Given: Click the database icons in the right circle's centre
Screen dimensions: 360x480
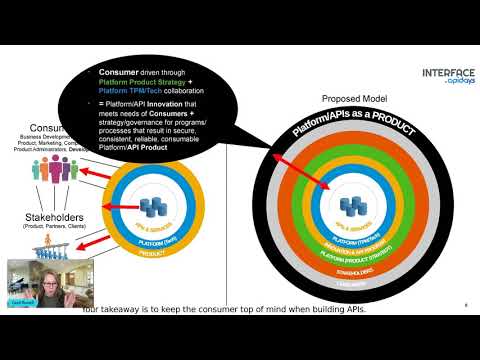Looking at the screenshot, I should [x=351, y=205].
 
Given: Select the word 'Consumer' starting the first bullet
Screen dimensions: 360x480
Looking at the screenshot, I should [x=118, y=73].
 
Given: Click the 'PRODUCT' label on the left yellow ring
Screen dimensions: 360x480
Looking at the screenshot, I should [x=152, y=253].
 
